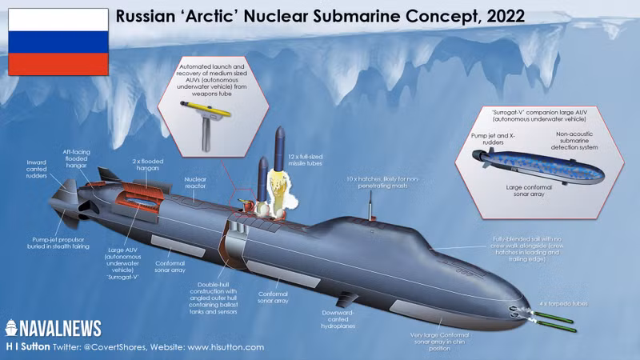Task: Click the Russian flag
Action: (x=58, y=42)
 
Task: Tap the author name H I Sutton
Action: (x=30, y=348)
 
